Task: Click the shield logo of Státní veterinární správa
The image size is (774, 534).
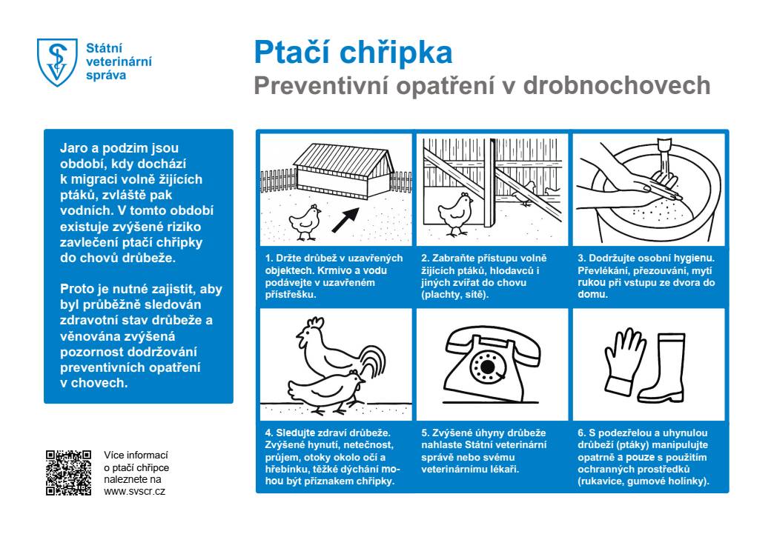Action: click(x=57, y=63)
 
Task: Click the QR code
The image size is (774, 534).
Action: click(x=68, y=473)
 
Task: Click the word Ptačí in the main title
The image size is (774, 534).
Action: click(x=294, y=53)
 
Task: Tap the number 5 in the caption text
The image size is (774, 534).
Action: click(x=424, y=433)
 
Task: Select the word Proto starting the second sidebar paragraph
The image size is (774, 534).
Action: click(x=75, y=289)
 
